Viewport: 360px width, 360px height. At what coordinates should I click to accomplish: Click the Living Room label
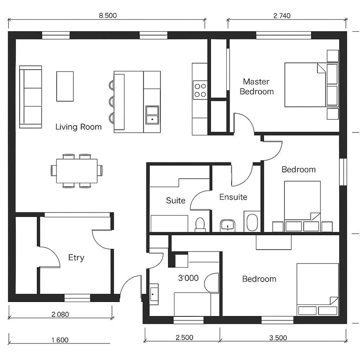point(78,127)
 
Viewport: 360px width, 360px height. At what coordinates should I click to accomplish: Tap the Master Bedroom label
point(256,86)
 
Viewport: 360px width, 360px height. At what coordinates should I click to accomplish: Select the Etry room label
point(76,258)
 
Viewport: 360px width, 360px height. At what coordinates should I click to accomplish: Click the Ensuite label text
point(233,197)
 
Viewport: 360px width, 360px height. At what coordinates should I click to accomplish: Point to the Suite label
point(175,200)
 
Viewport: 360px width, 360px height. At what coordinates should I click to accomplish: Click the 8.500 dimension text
point(108,16)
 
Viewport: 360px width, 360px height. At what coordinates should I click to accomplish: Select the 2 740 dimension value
point(282,16)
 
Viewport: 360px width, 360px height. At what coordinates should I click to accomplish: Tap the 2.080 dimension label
point(60,314)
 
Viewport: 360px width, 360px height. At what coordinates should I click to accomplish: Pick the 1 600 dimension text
point(60,340)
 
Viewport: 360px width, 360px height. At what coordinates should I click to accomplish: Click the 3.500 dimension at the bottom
point(278,338)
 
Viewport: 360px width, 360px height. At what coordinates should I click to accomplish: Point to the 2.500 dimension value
point(184,338)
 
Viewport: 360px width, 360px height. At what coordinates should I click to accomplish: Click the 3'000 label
point(188,278)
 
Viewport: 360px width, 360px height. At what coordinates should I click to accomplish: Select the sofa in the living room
point(31,97)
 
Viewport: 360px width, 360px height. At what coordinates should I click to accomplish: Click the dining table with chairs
point(77,171)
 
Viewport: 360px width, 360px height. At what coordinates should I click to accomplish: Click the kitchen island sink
point(152,114)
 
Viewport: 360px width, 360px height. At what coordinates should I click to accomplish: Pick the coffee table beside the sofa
point(65,86)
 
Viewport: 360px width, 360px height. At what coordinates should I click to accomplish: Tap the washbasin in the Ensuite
point(228,226)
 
